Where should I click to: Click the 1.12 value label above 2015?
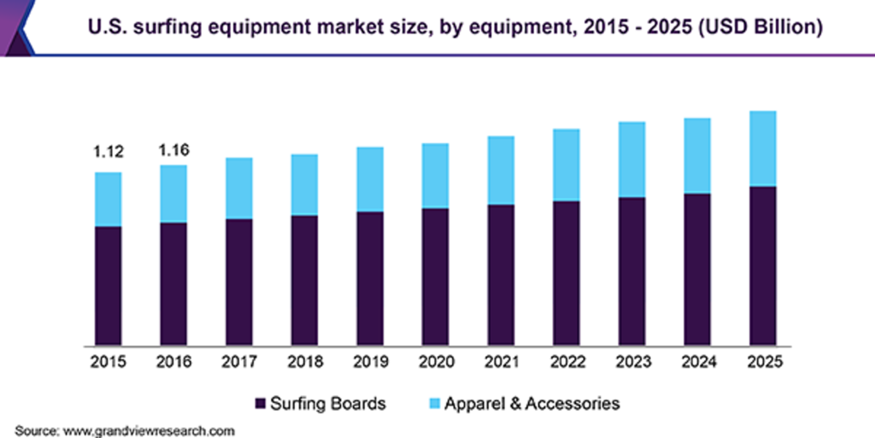pyautogui.click(x=109, y=153)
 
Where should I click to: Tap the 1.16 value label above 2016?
pyautogui.click(x=173, y=151)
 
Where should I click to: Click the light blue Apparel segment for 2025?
pyautogui.click(x=762, y=148)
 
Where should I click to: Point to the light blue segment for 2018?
pyautogui.click(x=304, y=184)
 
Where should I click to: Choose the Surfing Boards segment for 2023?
pyautogui.click(x=631, y=270)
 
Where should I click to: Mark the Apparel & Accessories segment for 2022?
pyautogui.click(x=566, y=164)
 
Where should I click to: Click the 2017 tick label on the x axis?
pyautogui.click(x=239, y=362)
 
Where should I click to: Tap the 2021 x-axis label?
pyautogui.click(x=501, y=362)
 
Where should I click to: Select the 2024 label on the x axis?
pyautogui.click(x=697, y=362)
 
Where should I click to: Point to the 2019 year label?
pyautogui.click(x=370, y=362)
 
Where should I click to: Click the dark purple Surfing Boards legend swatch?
pyautogui.click(x=261, y=403)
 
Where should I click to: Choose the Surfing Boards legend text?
pyautogui.click(x=328, y=403)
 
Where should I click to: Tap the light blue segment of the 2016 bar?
pyautogui.click(x=173, y=193)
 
